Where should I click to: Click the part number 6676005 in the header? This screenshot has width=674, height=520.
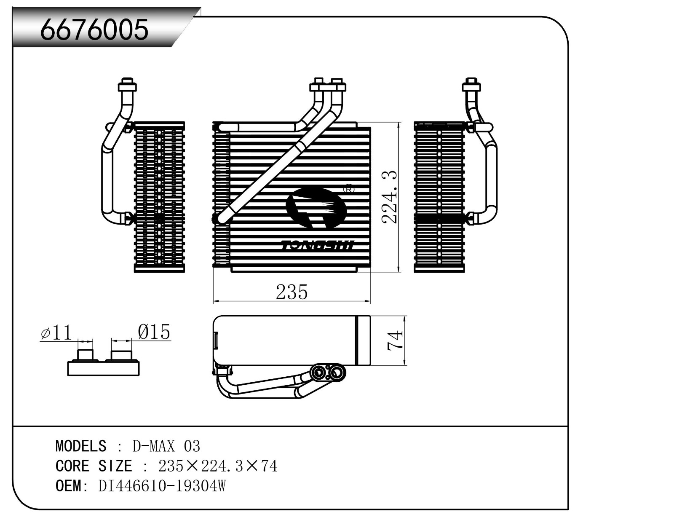94,29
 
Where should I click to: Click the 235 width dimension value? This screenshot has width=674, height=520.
292,292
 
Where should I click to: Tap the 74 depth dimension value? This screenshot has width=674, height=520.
395,340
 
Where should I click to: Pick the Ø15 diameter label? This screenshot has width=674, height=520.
154,332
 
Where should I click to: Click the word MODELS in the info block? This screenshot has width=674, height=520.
81,446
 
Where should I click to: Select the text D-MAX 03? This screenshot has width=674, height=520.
166,446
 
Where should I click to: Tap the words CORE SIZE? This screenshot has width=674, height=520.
94,466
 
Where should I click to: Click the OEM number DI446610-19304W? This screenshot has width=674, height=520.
162,486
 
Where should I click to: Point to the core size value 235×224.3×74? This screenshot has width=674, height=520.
217,466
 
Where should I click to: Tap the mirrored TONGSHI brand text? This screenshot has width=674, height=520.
318,245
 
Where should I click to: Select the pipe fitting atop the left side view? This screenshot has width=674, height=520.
127,86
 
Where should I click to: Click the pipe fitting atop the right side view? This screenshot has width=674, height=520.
471,86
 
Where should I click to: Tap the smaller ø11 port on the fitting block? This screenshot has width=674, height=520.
86,354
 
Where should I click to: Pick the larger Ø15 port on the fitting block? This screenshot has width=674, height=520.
121,354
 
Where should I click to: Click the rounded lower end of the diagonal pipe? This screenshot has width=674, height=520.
222,218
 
